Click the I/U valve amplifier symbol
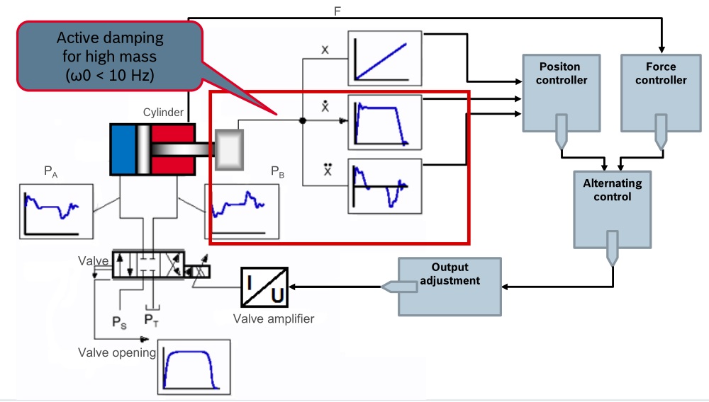(x=264, y=287)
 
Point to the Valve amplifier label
(x=273, y=318)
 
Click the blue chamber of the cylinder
(x=123, y=149)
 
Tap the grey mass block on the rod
(x=229, y=149)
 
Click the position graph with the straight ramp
(x=384, y=58)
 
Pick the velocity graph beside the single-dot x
(x=384, y=122)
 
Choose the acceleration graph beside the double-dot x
(x=384, y=186)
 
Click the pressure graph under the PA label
(x=57, y=210)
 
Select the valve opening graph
(x=194, y=367)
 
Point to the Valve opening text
(x=117, y=352)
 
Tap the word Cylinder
(x=163, y=112)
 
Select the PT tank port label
(x=152, y=320)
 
